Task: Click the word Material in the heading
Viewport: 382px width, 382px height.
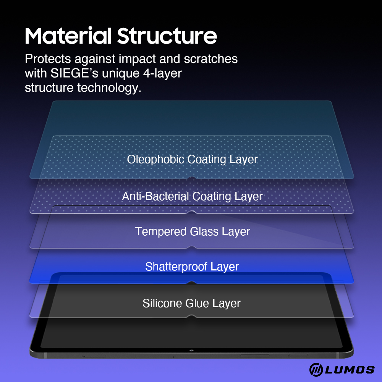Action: tap(68, 36)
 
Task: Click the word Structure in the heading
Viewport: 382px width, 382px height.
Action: tap(167, 36)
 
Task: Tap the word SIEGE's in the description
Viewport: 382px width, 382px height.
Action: tap(74, 73)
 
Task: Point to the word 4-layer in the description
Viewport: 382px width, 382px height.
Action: tap(162, 74)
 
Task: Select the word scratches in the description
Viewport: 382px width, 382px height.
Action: tap(211, 59)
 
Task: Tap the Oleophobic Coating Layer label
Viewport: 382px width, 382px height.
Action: tap(192, 160)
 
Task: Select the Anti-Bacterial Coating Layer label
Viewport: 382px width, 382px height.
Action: tap(192, 196)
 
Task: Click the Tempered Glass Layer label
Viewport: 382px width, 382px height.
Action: tap(193, 231)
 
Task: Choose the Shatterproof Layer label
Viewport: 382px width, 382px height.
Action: tap(192, 267)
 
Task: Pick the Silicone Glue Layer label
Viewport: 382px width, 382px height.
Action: tap(191, 304)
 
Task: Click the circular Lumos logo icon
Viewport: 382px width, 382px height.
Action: tap(316, 369)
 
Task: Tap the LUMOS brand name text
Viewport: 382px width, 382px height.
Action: tap(350, 370)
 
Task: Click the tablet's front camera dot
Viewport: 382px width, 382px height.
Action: tap(191, 351)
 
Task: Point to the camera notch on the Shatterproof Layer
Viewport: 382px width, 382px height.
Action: tap(192, 283)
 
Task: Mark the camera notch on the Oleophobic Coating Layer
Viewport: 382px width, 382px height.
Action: tap(192, 178)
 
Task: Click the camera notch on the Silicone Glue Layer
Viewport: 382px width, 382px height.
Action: tap(192, 317)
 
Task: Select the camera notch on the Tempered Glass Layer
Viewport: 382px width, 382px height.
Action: tap(192, 248)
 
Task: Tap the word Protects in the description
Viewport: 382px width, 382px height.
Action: tap(48, 59)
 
